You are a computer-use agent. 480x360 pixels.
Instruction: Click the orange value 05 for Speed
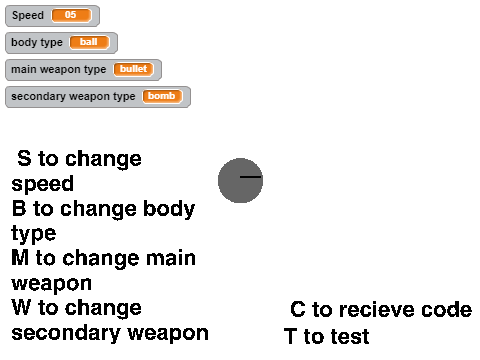coord(71,15)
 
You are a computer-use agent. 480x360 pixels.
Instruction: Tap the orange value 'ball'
coord(89,42)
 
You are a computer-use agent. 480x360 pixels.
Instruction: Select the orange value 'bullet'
coord(133,69)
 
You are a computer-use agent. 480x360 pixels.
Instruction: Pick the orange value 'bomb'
coord(162,96)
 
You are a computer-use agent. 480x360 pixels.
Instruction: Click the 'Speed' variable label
coord(28,15)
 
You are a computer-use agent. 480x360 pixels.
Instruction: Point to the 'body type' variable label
coord(37,43)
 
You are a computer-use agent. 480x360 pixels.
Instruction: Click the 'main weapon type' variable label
coord(59,70)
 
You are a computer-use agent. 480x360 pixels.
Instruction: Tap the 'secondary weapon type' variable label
coord(73,97)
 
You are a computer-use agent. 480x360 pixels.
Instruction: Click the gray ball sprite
coord(240,180)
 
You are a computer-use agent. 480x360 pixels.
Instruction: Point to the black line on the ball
coord(251,177)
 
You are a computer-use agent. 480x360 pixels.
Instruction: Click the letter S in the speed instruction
coord(24,158)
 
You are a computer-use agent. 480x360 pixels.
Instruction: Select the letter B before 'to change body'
coord(19,208)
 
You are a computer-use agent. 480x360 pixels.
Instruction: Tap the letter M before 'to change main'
coord(20,258)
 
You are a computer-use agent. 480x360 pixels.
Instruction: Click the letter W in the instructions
coord(22,307)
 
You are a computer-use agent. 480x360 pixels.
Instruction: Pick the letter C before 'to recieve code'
coord(298,309)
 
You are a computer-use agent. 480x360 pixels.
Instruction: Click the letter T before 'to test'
coord(290,336)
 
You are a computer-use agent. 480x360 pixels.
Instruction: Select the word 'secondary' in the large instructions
coord(66,333)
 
